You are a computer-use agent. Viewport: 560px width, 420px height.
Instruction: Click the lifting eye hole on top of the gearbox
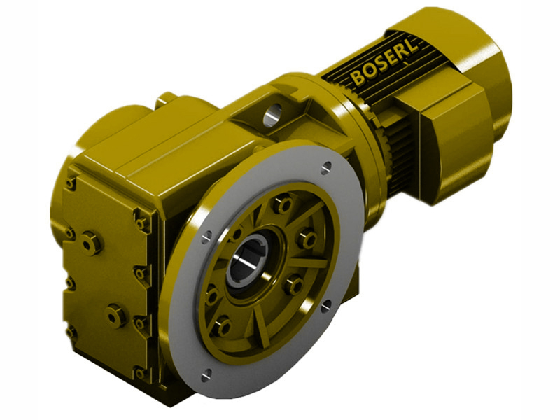point(272,111)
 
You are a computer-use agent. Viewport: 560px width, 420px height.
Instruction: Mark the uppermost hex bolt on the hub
point(283,205)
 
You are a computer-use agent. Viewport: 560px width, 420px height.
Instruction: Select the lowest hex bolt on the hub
point(223,326)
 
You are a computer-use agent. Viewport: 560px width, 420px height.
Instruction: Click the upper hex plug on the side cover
point(91,243)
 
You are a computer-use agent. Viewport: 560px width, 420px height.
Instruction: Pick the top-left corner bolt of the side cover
point(71,183)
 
